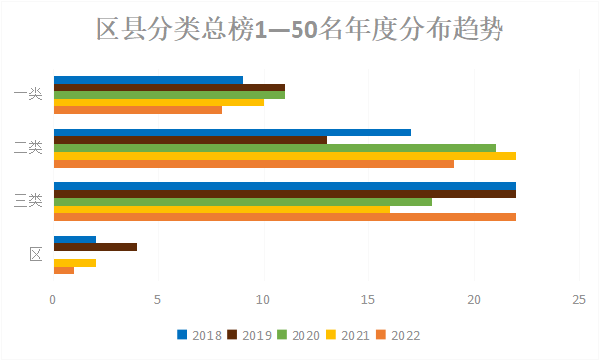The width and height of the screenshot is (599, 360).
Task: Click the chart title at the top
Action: click(x=299, y=30)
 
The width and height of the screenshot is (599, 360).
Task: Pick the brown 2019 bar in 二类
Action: click(x=189, y=140)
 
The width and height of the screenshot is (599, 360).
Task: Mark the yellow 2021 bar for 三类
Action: click(x=221, y=209)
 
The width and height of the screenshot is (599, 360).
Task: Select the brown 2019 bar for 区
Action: click(x=95, y=247)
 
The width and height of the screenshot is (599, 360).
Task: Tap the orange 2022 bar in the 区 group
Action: click(x=63, y=270)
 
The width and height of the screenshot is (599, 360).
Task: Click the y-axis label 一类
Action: click(x=29, y=94)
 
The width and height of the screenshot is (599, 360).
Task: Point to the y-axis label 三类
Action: click(x=29, y=201)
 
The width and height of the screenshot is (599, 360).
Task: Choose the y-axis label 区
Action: click(x=35, y=255)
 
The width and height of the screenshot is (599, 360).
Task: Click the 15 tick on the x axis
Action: click(x=368, y=299)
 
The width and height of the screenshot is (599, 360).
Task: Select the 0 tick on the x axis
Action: click(x=53, y=299)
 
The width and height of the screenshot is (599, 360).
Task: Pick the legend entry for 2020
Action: click(x=298, y=335)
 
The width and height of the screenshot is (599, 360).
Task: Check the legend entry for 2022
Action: click(x=398, y=335)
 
